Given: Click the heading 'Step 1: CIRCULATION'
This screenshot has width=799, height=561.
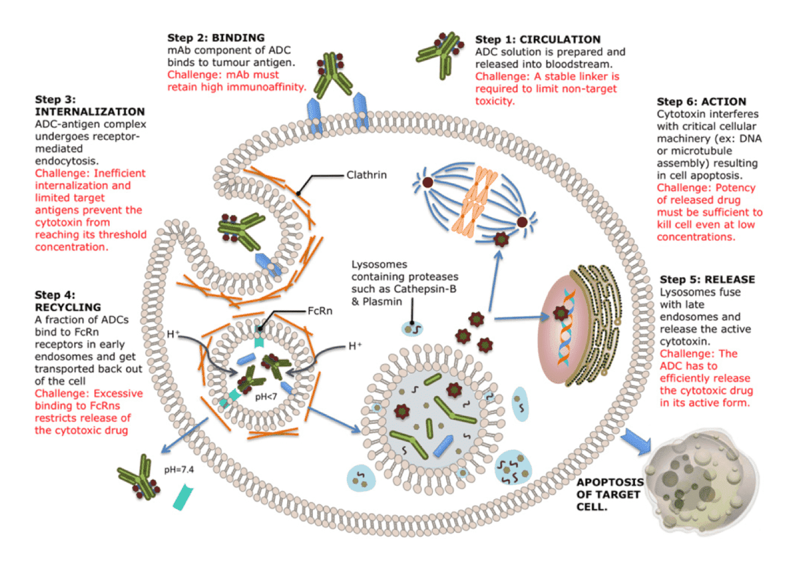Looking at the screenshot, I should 537,39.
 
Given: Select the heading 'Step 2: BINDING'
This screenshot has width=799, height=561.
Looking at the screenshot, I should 216,38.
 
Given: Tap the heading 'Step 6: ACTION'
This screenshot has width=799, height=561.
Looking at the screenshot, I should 701,102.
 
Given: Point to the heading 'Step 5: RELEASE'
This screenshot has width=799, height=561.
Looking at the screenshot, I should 707,279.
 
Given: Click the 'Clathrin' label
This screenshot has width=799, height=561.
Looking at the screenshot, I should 366,175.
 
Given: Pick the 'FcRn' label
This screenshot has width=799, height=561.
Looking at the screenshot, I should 320,311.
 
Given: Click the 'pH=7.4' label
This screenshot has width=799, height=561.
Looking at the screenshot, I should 179,470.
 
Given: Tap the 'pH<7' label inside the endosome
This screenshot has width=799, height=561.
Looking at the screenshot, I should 266,397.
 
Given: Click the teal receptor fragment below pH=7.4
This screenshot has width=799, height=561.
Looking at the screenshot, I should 183,497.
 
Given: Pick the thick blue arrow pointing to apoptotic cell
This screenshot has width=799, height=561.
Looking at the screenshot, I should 636,442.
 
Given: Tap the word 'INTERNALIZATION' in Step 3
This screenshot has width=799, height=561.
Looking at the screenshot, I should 90,112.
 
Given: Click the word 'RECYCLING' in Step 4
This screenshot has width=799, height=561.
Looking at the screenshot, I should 68,307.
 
